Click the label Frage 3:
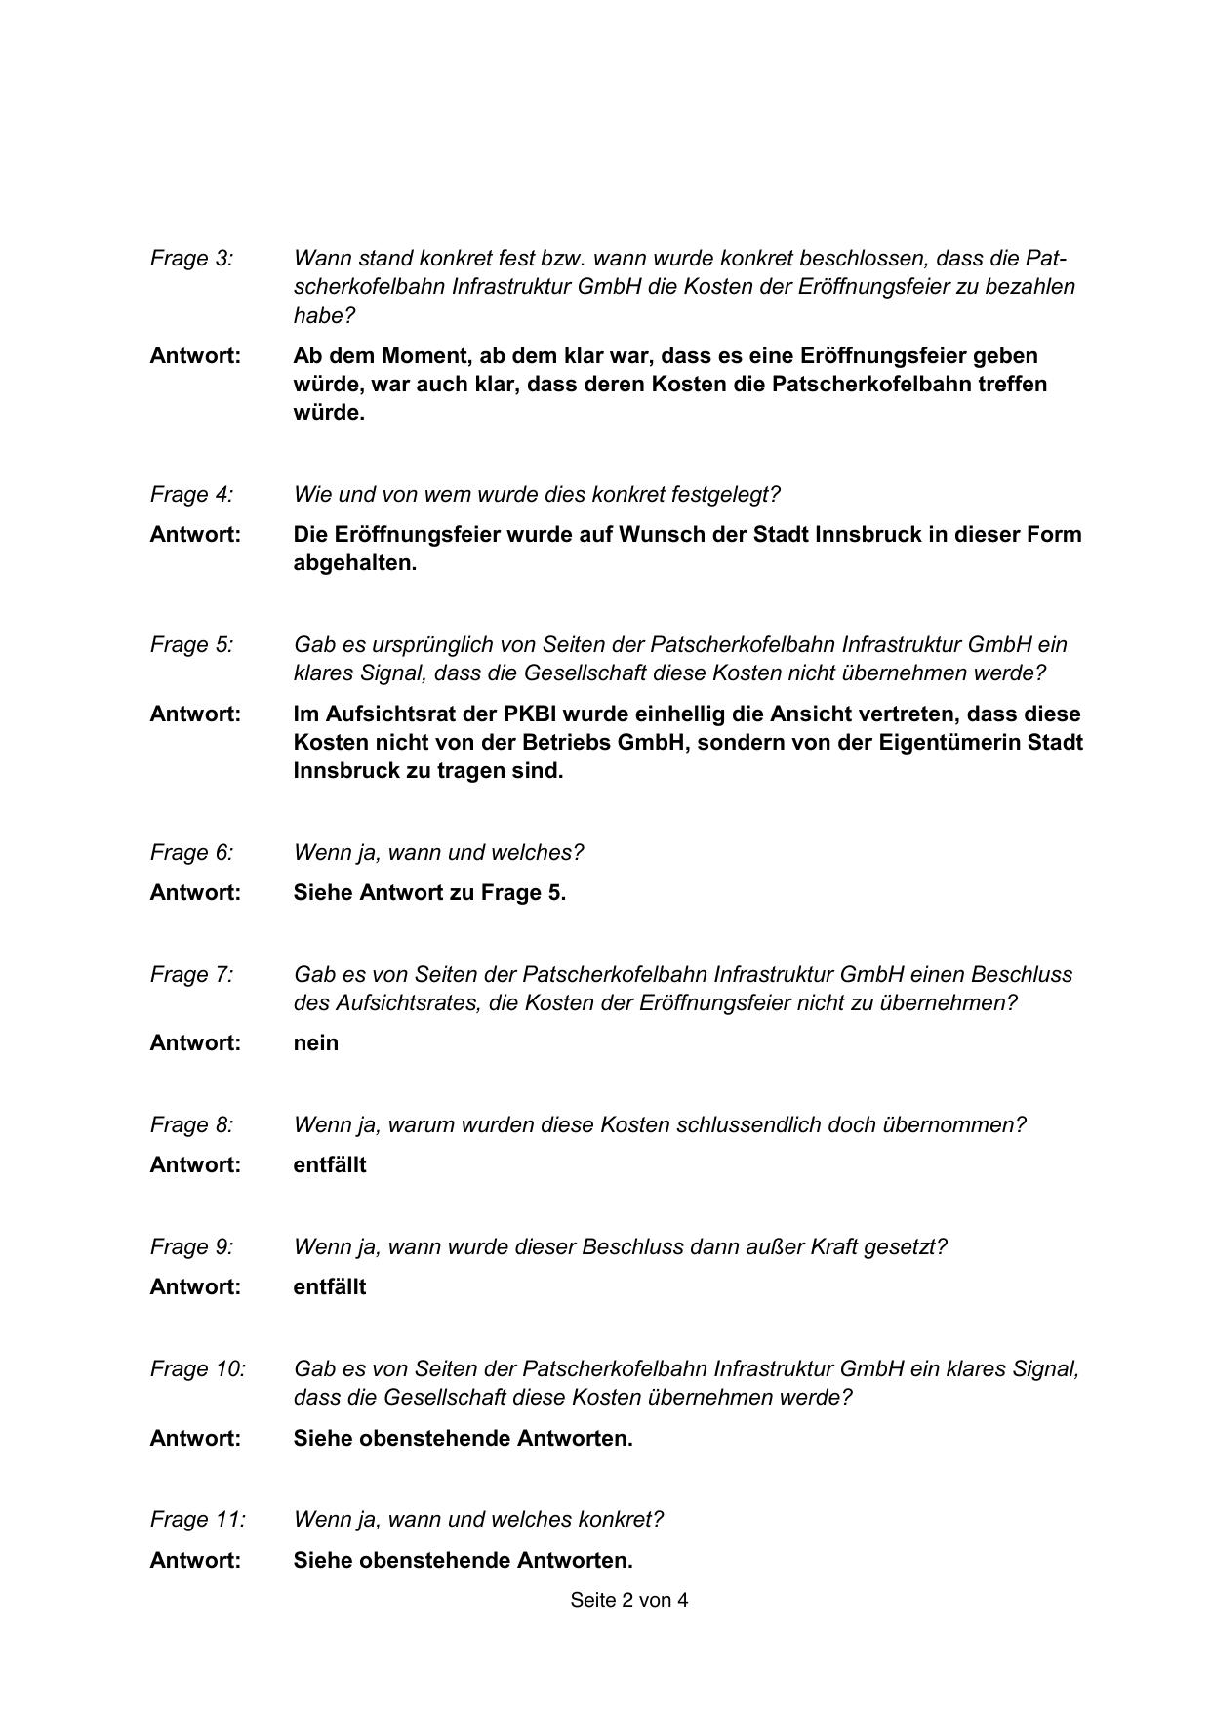[191, 259]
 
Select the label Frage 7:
[191, 975]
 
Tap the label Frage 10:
[197, 1369]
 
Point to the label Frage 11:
[197, 1520]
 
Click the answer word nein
[315, 1043]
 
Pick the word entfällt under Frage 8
[329, 1165]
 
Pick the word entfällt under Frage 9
[329, 1287]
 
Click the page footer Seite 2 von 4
[628, 1600]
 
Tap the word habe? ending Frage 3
[324, 316]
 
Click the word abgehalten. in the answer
[354, 564]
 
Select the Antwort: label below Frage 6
[195, 893]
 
